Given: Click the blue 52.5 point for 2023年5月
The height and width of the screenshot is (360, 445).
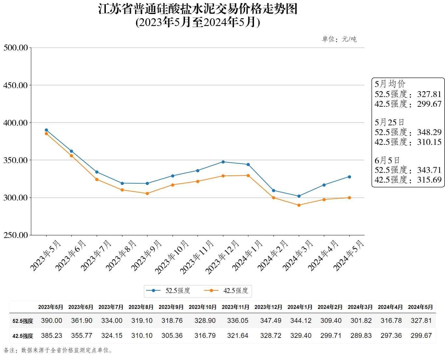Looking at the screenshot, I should tap(46, 130).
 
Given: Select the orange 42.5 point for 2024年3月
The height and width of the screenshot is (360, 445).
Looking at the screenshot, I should tap(299, 205).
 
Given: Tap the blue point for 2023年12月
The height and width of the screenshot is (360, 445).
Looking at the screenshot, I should tap(223, 162).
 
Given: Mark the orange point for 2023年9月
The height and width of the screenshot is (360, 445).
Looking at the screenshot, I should tap(147, 193).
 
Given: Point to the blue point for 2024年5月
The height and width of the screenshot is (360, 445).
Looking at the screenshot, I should tap(349, 177).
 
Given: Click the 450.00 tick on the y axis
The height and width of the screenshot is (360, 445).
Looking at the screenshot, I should tap(15, 85).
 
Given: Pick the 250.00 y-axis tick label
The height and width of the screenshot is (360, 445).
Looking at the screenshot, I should tap(15, 235).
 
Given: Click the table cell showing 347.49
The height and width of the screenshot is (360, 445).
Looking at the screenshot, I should tap(271, 321).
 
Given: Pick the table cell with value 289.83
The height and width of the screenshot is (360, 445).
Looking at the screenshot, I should tap(361, 336).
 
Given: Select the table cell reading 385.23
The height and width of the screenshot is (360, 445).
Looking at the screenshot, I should tap(51, 336).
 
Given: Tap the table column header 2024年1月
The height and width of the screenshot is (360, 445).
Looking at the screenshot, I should tap(300, 307).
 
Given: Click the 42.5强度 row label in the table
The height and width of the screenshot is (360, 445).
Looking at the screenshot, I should tap(23, 336).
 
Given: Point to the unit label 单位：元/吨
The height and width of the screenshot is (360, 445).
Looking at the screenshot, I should tap(339, 39).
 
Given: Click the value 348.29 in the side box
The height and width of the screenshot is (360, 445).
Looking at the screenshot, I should tap(429, 132).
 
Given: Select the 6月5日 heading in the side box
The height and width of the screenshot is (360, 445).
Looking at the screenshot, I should tap(387, 160).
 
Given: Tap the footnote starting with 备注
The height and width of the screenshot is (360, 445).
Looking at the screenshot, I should tap(59, 351).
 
